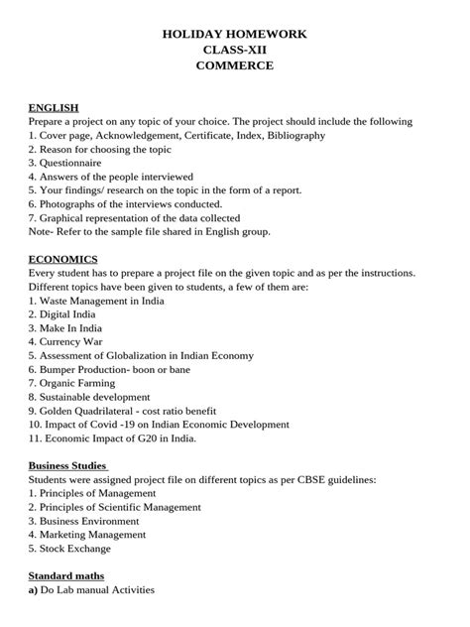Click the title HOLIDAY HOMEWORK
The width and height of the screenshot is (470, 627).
pos(234,34)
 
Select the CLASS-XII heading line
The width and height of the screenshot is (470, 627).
pos(234,50)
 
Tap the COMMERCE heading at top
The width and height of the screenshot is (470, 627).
pos(234,65)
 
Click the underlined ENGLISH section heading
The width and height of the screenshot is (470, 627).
pos(54,107)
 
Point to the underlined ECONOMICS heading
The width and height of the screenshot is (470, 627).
pos(62,259)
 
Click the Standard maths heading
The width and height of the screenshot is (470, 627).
pos(65,574)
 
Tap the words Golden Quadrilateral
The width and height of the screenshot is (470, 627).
pos(88,410)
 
